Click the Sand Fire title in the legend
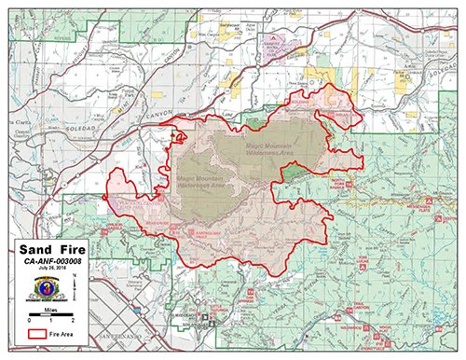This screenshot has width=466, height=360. coord(53,250)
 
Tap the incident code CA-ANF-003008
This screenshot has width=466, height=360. coord(54,263)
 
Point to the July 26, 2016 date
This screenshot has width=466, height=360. coord(54,271)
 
